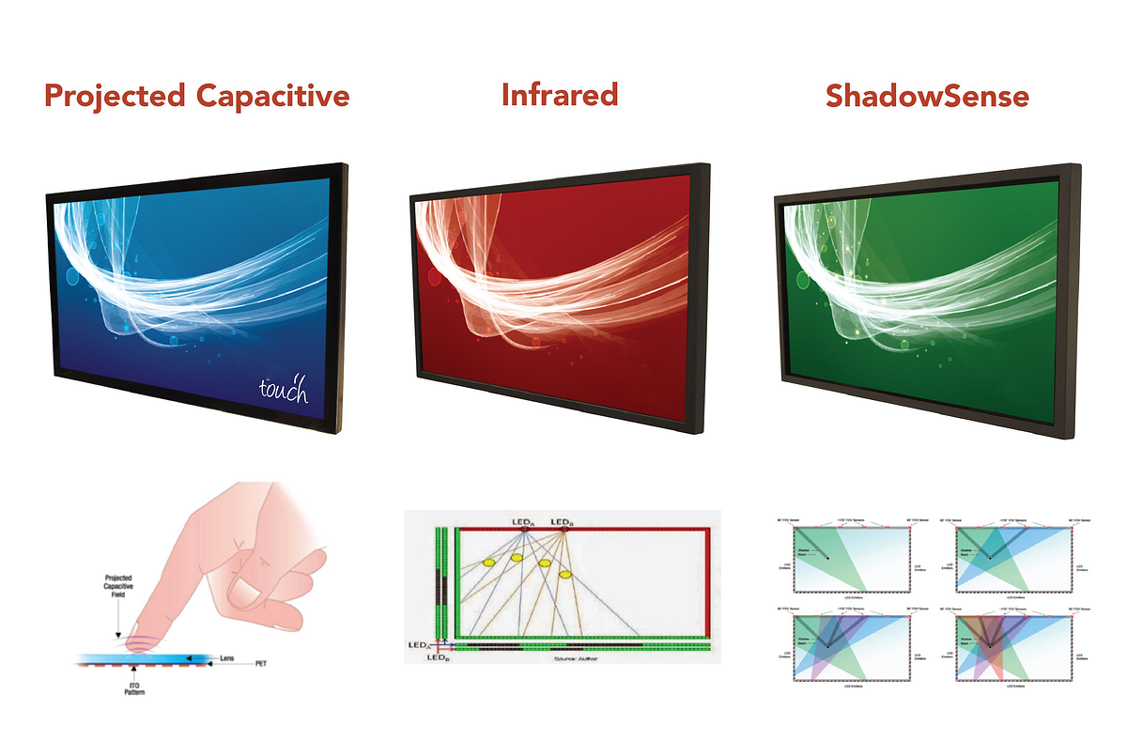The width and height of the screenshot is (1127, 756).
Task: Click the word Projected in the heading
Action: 114,96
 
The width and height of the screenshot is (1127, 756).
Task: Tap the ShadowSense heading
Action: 927,96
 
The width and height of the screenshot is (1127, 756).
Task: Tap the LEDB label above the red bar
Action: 563,521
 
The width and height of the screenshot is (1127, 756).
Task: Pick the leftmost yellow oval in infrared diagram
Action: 488,562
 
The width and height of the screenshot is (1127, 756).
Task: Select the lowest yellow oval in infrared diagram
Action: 565,574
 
